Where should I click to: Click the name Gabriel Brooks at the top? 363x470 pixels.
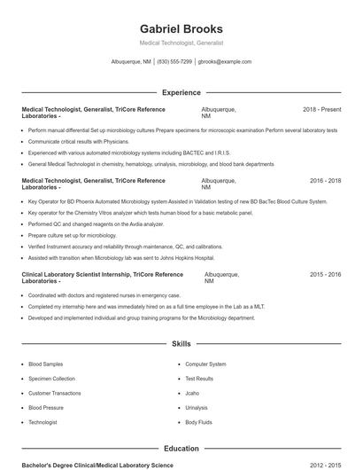pos(181,28)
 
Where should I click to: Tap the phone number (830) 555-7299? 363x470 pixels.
pos(175,62)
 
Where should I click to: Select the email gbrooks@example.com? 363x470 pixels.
pos(225,62)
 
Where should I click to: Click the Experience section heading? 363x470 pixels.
pos(181,92)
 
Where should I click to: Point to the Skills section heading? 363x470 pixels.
pos(181,343)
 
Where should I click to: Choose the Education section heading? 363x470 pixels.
pos(181,449)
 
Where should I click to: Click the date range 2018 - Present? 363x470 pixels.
pos(321,109)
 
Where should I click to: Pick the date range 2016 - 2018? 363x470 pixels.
pos(325,181)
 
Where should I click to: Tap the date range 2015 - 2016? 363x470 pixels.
pos(325,275)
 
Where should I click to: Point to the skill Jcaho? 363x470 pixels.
pos(193,393)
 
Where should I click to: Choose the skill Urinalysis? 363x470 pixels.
pos(197,408)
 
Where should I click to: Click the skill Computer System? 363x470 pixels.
pos(205,364)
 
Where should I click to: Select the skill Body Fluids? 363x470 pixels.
pos(198,422)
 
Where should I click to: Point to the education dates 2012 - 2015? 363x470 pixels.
pos(325,465)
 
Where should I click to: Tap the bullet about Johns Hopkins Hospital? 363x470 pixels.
pos(121,258)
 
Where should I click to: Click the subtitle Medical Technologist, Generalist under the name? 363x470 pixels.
pos(181,43)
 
